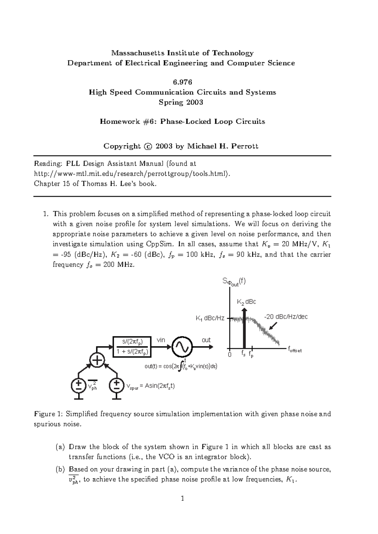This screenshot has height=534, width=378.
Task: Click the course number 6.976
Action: point(182,82)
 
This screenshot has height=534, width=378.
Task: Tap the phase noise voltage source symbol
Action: point(78,385)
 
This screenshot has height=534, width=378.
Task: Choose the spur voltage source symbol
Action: point(117,385)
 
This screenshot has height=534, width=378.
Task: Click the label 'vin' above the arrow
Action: point(161,340)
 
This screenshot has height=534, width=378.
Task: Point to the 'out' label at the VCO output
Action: point(206,340)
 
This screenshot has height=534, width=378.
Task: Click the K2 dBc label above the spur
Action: point(246,302)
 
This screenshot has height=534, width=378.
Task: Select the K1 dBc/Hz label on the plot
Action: point(210,318)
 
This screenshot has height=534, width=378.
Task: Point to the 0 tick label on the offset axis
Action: point(230,354)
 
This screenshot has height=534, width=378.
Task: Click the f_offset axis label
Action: point(295,349)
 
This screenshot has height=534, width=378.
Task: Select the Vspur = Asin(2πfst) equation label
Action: point(150,386)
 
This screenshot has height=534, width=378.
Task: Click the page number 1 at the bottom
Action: point(182,498)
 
